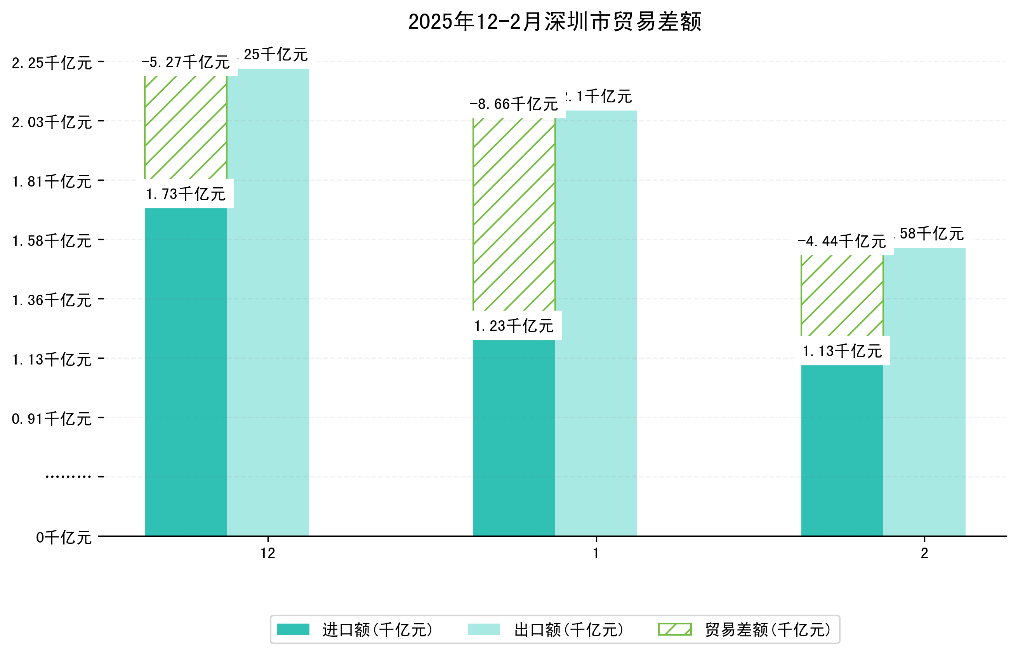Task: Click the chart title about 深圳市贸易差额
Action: point(554,22)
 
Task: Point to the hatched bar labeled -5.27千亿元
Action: point(186,127)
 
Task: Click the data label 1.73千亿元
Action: point(186,194)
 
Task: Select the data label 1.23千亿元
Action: point(514,326)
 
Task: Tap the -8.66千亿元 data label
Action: point(514,104)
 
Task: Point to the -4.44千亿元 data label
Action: point(842,242)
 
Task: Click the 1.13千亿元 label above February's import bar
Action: point(842,351)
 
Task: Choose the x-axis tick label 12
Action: point(268,553)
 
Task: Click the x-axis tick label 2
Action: point(924,553)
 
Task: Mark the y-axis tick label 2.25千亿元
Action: point(52,63)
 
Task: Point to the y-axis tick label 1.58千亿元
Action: point(52,241)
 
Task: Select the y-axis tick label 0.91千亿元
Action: point(52,419)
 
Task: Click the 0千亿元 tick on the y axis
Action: point(64,537)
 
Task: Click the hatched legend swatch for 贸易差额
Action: point(675,629)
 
